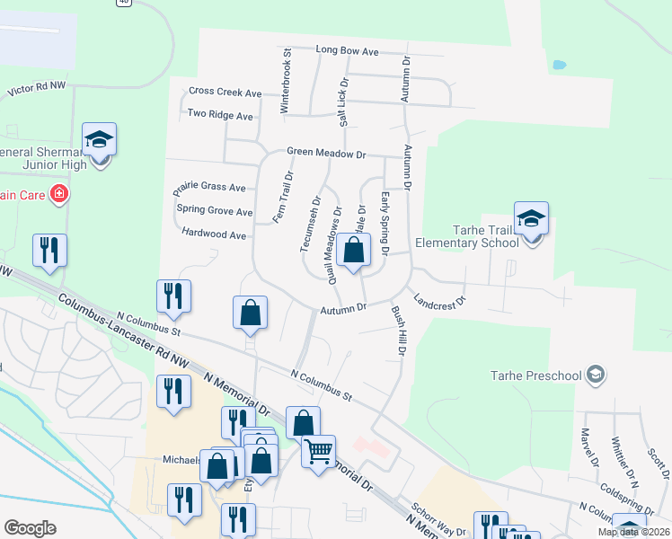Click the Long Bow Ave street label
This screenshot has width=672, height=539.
347,50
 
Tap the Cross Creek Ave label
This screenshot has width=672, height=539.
225,93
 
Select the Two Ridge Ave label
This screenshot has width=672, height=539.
220,115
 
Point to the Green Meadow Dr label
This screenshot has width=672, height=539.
326,155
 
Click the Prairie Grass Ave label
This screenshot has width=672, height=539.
208,188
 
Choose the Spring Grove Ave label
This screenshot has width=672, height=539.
215,211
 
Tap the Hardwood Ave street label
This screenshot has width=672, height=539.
213,235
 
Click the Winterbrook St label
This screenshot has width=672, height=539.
286,81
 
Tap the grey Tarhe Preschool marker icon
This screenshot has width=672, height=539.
595,374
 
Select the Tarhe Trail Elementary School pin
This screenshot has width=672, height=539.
530,219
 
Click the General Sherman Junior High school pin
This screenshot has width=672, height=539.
99,140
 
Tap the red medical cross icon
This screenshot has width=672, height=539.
59,193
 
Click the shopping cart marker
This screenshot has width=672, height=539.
318,451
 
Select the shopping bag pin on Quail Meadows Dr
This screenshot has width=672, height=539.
354,252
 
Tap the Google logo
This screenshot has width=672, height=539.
30,528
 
